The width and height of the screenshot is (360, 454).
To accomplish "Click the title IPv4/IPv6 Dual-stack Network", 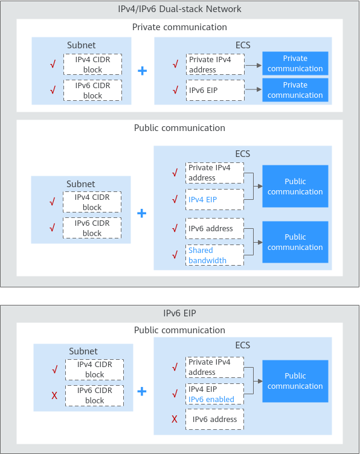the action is (x=179, y=9).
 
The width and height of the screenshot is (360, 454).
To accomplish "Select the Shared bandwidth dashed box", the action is (x=214, y=255).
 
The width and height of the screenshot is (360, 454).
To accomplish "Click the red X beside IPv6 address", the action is (x=175, y=419).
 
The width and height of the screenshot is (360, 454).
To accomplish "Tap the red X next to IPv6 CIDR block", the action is (x=54, y=395).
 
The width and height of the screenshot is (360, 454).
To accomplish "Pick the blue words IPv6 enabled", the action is (x=211, y=399).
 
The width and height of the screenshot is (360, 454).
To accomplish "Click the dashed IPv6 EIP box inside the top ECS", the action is (x=215, y=91).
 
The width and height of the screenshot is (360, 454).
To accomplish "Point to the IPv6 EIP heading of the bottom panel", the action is (x=179, y=313).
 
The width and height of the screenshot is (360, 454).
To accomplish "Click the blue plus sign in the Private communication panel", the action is (x=142, y=71).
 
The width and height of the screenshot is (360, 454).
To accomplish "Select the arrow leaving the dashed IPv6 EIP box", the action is (x=253, y=89).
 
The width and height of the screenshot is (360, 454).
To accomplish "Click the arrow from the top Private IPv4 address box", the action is (x=253, y=65).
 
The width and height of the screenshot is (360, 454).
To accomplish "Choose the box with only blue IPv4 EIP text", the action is (x=214, y=199).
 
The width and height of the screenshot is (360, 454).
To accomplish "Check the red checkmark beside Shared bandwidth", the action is (x=175, y=255).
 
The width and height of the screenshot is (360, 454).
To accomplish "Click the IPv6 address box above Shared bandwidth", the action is (x=214, y=228).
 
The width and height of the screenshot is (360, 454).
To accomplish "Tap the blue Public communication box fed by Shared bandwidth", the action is (x=295, y=242).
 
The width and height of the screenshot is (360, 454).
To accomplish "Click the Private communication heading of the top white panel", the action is (x=179, y=27).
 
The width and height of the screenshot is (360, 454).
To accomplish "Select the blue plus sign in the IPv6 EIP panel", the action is (x=141, y=391).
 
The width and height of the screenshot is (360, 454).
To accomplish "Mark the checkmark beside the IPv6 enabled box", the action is (x=175, y=394).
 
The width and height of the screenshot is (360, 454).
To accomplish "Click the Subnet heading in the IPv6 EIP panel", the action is (x=83, y=351).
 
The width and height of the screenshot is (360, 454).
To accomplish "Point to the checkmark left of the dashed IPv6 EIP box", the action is (x=175, y=91).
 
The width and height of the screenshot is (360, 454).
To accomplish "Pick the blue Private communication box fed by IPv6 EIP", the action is (x=295, y=90).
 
